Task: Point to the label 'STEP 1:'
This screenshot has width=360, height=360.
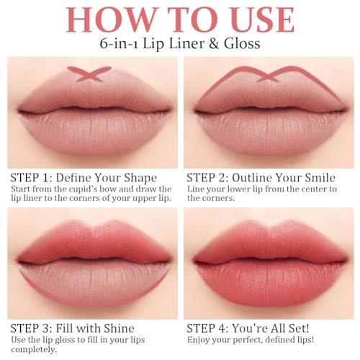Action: point(30,177)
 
